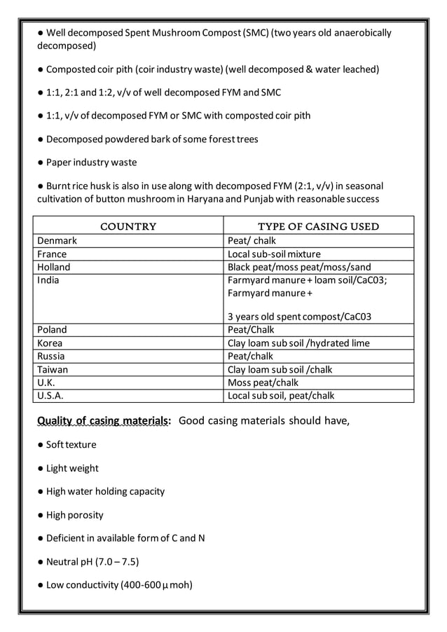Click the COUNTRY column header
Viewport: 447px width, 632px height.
coord(128,226)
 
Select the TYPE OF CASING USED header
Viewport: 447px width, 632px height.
coord(318,226)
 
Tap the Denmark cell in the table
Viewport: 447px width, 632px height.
coord(57,241)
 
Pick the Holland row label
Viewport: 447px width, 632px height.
coord(54,267)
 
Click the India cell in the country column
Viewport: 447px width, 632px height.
coord(48,280)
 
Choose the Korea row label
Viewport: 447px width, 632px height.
coord(50,343)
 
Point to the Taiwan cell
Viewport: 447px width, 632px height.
coord(53,369)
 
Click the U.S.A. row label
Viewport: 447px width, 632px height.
coord(50,395)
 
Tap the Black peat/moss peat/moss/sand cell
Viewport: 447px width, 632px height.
coord(299,267)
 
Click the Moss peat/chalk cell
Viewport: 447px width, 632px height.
coord(263,383)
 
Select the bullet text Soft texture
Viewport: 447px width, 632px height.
coord(71,445)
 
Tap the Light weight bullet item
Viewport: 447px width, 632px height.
coord(72,468)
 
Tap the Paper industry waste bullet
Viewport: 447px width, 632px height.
coord(91,163)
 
